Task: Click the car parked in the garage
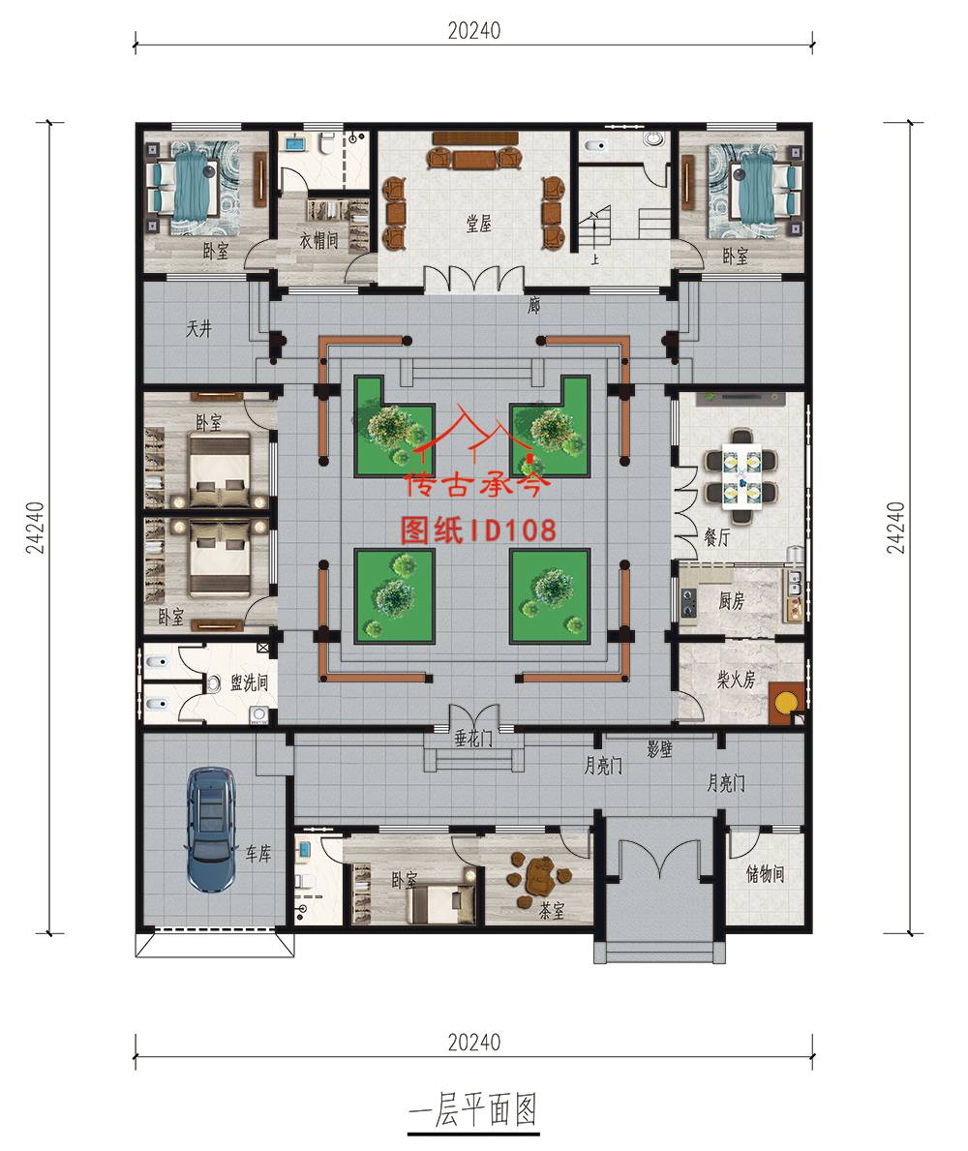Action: click(x=211, y=829)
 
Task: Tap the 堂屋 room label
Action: click(x=478, y=224)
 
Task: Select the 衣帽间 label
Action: click(x=318, y=239)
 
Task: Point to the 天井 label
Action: click(x=198, y=328)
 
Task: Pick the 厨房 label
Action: click(x=731, y=601)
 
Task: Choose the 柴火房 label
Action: click(x=736, y=679)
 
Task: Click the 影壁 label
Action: click(x=659, y=749)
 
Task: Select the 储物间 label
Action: click(x=766, y=873)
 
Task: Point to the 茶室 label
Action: click(x=552, y=911)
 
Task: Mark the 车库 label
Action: click(x=258, y=853)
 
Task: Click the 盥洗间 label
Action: click(x=249, y=682)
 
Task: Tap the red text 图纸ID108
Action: click(x=478, y=530)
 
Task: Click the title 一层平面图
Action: click(x=473, y=1109)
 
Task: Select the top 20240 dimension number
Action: click(x=474, y=31)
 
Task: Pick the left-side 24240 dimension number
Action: click(x=35, y=528)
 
